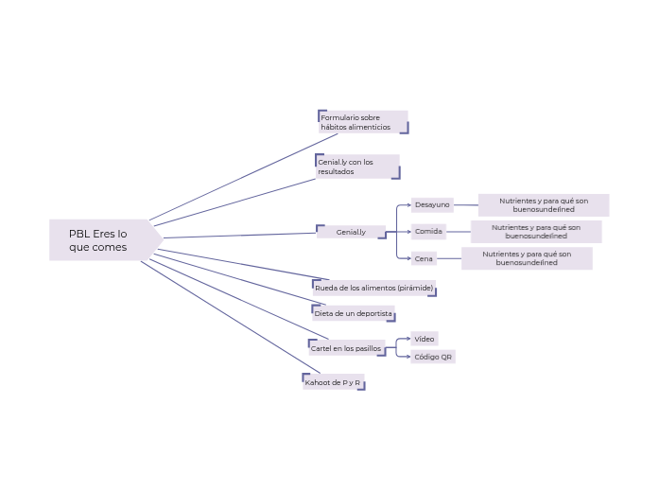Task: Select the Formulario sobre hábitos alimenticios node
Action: click(362, 122)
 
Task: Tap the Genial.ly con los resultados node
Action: click(356, 167)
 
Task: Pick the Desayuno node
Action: click(432, 204)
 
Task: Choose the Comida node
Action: click(428, 231)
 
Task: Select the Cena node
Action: click(424, 258)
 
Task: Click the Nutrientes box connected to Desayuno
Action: click(543, 204)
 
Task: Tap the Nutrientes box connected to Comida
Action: click(535, 231)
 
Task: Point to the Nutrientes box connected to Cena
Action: click(527, 258)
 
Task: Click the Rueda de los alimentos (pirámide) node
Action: click(373, 288)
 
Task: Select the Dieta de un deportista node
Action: click(353, 313)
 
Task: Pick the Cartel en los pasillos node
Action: click(346, 348)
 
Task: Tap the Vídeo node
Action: click(425, 339)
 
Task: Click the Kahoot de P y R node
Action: click(333, 382)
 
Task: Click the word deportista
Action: click(371, 313)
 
